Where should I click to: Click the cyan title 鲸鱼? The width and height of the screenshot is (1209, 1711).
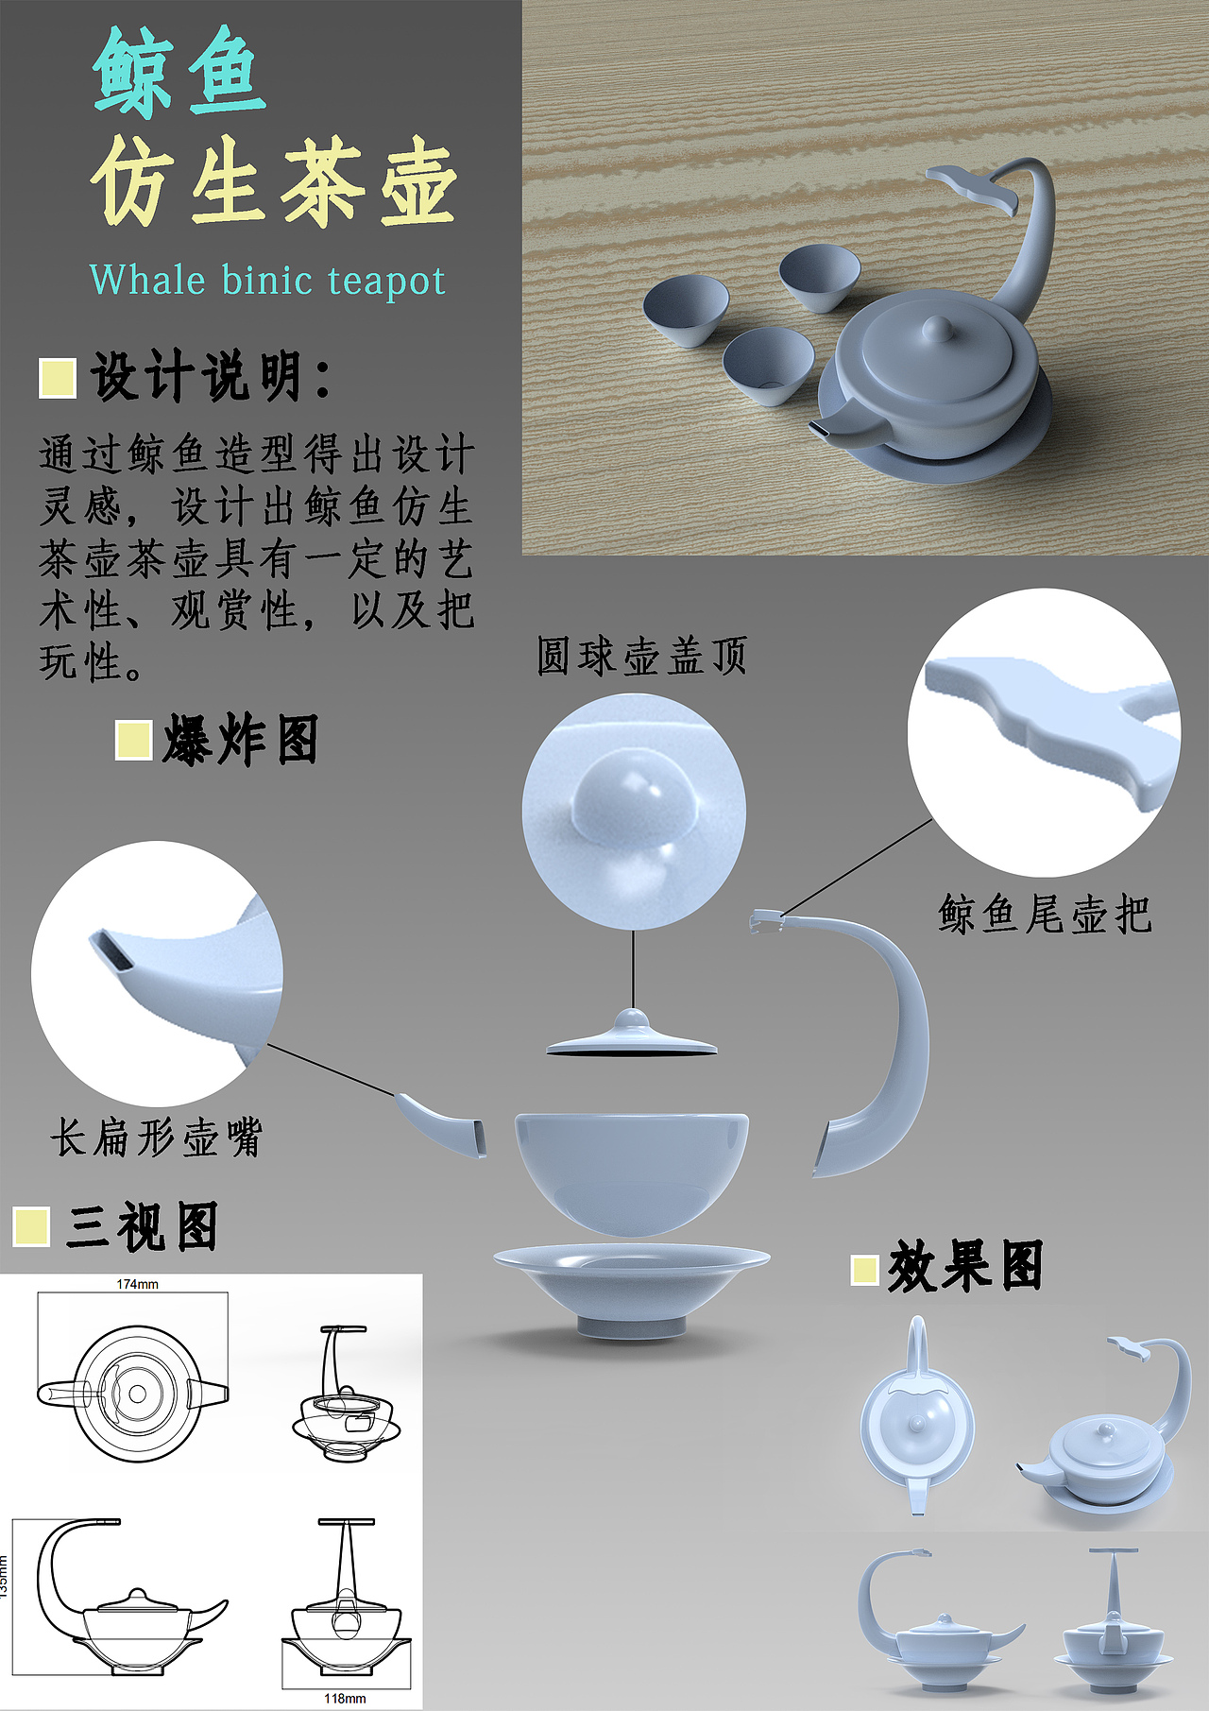[179, 74]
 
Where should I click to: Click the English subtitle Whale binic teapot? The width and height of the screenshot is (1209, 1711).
[266, 281]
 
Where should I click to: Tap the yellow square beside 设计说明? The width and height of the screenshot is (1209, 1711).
[58, 378]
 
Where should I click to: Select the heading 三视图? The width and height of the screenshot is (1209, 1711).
[142, 1227]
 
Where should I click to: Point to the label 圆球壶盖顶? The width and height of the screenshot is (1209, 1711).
[641, 656]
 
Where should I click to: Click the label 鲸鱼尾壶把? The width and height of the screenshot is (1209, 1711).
[1044, 915]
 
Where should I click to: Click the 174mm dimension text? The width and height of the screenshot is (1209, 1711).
[138, 1284]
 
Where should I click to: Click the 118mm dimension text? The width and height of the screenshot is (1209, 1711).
[345, 1698]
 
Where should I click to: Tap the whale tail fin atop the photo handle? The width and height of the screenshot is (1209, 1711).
[973, 186]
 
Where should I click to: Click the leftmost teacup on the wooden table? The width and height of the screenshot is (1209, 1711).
[686, 310]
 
